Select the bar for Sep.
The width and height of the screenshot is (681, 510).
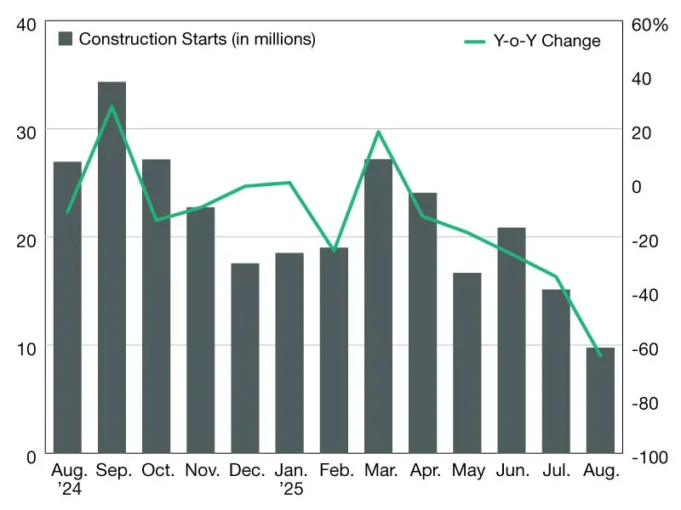point(112,268)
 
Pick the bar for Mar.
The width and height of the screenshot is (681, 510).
point(378,306)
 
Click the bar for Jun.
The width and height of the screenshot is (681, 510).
point(512,340)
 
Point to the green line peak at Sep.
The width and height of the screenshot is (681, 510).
point(112,106)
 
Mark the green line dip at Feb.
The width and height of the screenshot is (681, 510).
point(334,251)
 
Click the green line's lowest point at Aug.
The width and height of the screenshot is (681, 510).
point(600,355)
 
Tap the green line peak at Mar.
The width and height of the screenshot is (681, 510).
point(378,132)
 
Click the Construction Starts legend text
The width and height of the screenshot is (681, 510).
point(197,39)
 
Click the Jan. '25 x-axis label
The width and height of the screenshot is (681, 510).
point(289,479)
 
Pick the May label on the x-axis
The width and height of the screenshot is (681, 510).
point(467,471)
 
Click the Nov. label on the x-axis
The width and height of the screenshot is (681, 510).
point(201,471)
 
